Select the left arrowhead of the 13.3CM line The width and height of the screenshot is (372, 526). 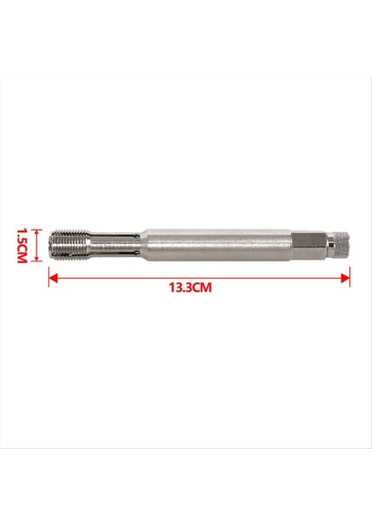click(x=53, y=278)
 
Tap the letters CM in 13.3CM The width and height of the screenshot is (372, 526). click(x=204, y=288)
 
